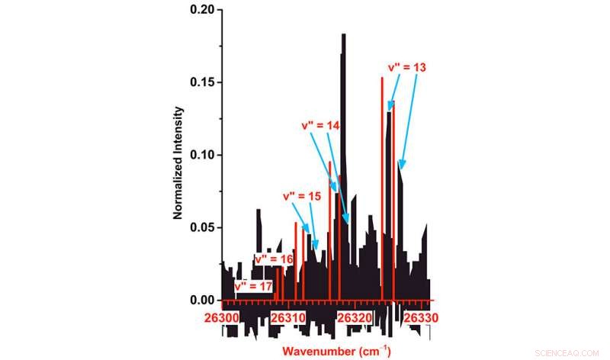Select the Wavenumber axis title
[x=336, y=352]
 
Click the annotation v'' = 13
[x=407, y=67]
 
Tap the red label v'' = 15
[x=302, y=196]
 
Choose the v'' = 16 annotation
[x=274, y=259]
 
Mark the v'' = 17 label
[x=253, y=286]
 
